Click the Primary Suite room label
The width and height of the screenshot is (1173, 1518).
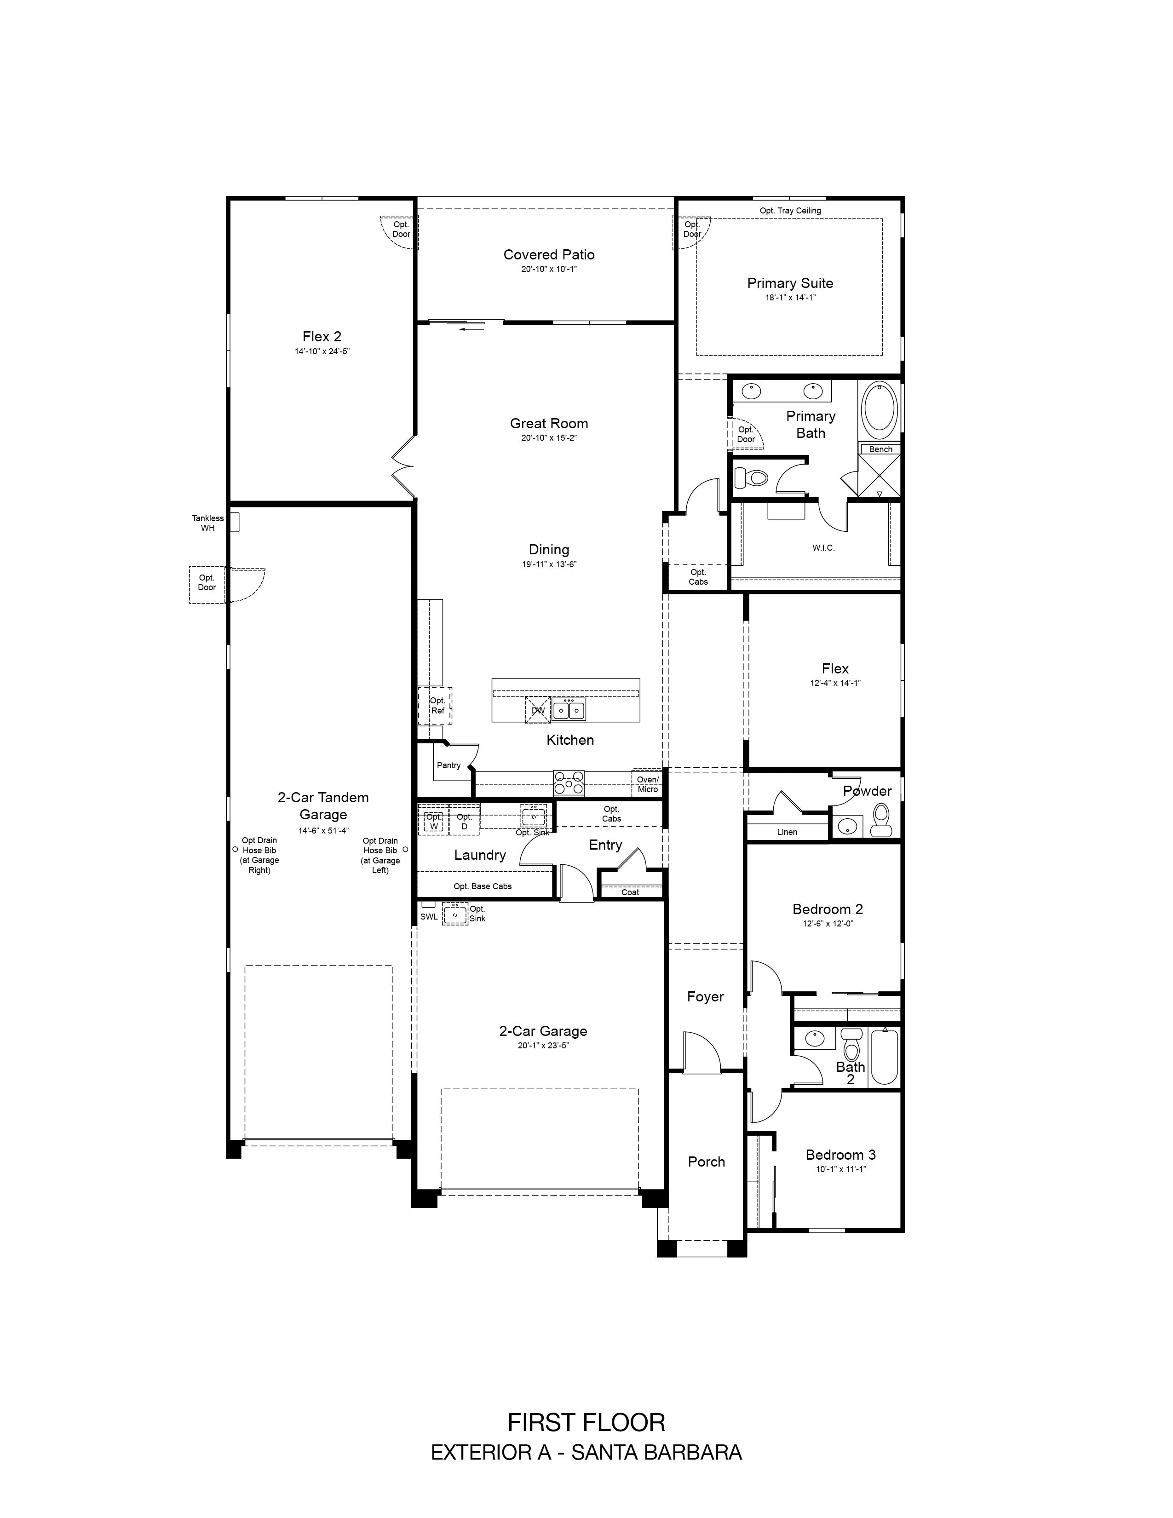tap(790, 283)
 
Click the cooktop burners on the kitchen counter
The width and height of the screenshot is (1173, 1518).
tap(569, 783)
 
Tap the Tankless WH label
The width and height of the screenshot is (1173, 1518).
tap(208, 523)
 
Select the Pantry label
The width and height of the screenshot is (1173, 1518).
tap(449, 765)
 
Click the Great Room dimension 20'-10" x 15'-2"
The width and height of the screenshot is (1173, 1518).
tap(549, 438)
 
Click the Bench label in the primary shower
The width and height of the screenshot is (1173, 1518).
tap(880, 449)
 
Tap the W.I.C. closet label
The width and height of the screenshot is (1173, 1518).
tap(823, 548)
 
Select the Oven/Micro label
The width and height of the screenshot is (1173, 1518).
tap(648, 784)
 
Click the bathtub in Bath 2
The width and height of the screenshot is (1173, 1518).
tap(884, 1057)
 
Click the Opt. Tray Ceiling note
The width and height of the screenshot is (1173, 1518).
tap(790, 211)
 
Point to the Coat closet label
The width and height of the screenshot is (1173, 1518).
tap(630, 892)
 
